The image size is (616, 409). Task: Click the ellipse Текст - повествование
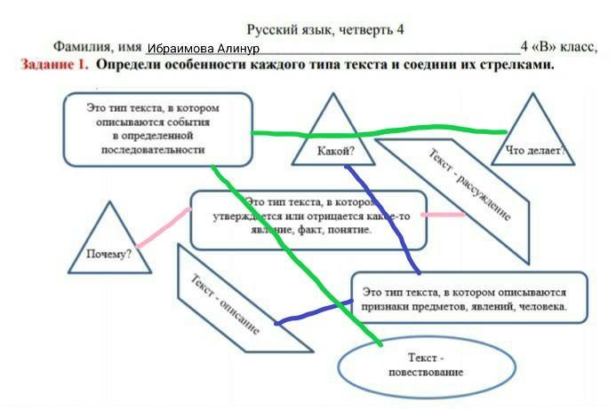426,364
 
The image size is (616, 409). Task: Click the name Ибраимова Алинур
203,48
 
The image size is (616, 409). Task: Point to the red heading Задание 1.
53,65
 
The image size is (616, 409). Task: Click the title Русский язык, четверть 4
325,29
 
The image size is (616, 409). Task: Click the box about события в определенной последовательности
158,129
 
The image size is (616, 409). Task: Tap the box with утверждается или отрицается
308,218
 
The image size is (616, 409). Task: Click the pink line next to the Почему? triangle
164,227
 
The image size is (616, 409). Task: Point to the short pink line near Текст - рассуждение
442,214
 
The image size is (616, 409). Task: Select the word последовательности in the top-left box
158,150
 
